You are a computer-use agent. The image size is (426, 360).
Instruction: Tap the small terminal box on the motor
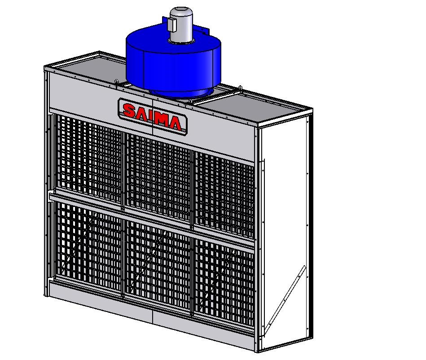click(x=171, y=25)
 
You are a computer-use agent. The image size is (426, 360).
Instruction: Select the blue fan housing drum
click(x=173, y=62)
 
